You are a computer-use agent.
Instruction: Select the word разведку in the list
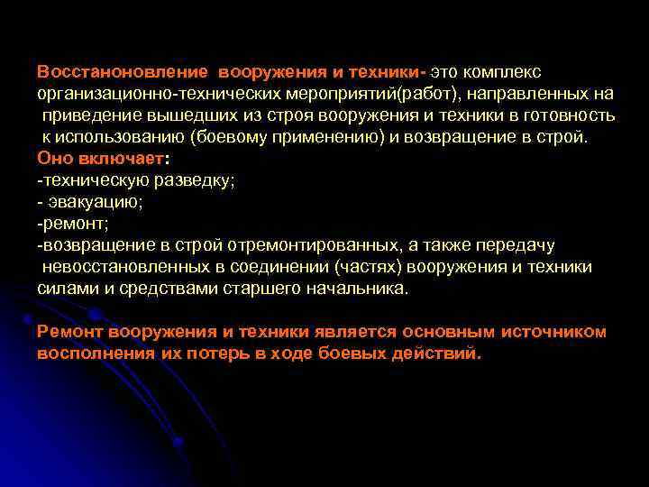(194, 179)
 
